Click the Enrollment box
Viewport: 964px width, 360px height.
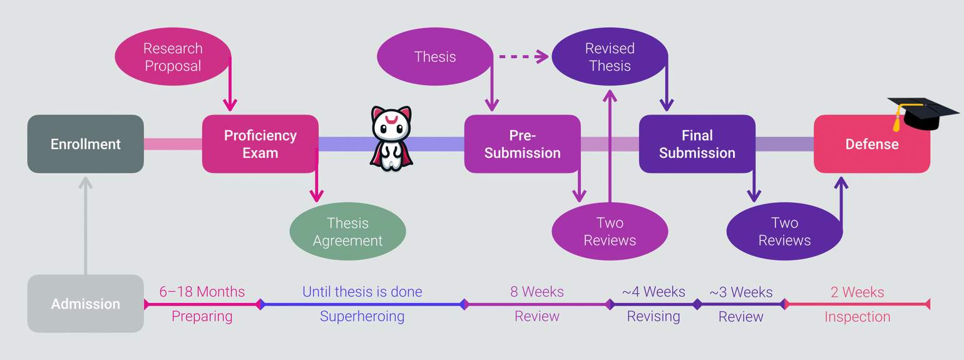pyautogui.click(x=85, y=144)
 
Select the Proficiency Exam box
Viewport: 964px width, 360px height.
pyautogui.click(x=260, y=144)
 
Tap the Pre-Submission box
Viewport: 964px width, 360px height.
pyautogui.click(x=522, y=144)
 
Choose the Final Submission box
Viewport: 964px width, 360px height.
pyautogui.click(x=697, y=144)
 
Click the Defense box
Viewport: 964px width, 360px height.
pyautogui.click(x=871, y=144)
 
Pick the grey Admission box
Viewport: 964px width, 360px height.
pyautogui.click(x=85, y=304)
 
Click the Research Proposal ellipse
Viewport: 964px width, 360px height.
pyautogui.click(x=173, y=57)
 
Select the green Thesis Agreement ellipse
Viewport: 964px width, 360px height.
pyautogui.click(x=347, y=232)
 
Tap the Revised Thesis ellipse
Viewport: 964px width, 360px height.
pyautogui.click(x=609, y=57)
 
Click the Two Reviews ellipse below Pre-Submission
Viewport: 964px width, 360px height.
pyautogui.click(x=609, y=232)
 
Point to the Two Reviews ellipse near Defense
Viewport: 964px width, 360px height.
pyautogui.click(x=784, y=232)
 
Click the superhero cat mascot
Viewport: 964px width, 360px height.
pyautogui.click(x=391, y=138)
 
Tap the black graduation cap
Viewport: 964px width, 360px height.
pyautogui.click(x=923, y=113)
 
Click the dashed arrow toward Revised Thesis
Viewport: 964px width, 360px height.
pyautogui.click(x=522, y=57)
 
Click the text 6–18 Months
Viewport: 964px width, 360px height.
pyautogui.click(x=202, y=292)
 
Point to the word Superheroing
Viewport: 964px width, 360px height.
pyautogui.click(x=362, y=316)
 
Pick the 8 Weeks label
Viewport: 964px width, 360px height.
pyautogui.click(x=536, y=292)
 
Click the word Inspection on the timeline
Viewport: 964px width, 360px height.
pyautogui.click(x=857, y=317)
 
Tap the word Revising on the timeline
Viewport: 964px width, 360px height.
pyautogui.click(x=654, y=316)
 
